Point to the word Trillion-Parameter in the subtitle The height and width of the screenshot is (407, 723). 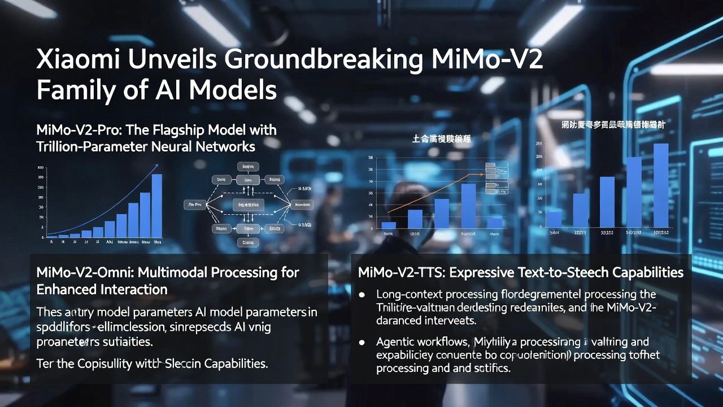93,147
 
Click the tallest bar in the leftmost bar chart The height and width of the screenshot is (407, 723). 157,206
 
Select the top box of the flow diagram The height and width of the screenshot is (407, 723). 247,166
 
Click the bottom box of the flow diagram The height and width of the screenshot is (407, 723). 247,243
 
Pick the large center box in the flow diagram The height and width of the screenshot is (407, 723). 247,205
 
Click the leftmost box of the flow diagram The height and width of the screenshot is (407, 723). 194,205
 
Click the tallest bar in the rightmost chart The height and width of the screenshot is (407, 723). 661,185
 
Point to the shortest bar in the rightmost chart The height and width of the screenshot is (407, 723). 554,219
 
